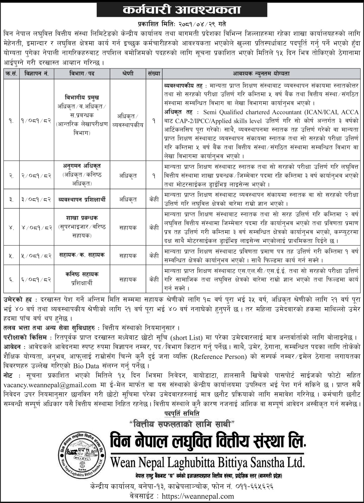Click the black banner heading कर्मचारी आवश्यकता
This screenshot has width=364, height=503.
click(182, 10)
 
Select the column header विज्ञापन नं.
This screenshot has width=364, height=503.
click(37, 74)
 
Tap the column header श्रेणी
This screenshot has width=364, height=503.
click(128, 74)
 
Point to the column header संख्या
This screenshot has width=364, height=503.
click(154, 74)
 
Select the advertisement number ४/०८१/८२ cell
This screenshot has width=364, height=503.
click(37, 227)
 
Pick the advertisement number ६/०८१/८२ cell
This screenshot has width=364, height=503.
click(37, 280)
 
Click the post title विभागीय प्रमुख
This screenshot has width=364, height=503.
click(82, 98)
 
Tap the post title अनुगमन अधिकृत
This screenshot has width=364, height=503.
click(82, 166)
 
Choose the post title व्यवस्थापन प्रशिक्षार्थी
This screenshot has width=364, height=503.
click(82, 199)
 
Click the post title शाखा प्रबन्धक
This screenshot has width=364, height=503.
click(82, 218)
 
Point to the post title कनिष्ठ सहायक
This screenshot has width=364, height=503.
click(82, 274)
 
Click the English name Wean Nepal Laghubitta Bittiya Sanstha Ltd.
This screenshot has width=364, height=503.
click(208, 463)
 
